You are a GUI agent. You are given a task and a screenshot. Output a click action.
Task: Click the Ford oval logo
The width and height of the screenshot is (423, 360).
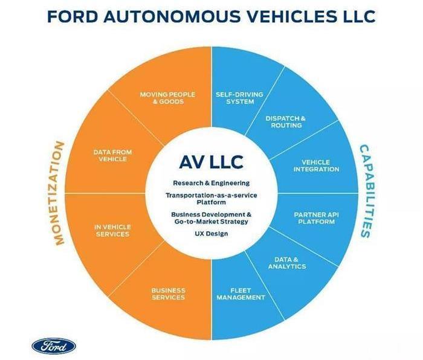(x=54, y=346)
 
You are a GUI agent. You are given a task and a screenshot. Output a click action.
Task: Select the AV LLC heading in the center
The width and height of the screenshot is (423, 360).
(x=211, y=162)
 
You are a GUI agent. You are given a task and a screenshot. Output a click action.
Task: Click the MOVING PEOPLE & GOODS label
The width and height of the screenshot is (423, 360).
(x=167, y=98)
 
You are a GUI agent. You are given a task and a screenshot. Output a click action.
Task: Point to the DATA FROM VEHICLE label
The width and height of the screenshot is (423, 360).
(x=112, y=155)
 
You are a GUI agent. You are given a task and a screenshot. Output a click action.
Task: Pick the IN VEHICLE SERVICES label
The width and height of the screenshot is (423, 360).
(x=112, y=230)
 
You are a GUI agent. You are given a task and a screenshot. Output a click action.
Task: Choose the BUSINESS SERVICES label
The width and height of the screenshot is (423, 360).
(x=168, y=294)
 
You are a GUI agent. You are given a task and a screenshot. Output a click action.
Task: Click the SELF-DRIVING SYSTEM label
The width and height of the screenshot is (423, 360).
(x=240, y=98)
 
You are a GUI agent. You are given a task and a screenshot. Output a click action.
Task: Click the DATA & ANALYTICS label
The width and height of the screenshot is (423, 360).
(x=286, y=262)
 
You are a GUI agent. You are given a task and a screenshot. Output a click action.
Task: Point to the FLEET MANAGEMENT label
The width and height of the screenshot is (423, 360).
(x=240, y=294)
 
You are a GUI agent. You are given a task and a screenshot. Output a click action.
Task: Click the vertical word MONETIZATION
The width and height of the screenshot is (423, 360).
(x=59, y=193)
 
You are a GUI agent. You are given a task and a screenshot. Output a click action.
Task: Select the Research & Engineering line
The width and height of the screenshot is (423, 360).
(x=211, y=182)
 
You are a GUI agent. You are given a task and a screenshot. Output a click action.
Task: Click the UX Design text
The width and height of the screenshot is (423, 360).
(x=211, y=234)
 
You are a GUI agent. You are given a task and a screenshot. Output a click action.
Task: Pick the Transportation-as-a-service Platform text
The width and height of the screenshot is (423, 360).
(x=211, y=199)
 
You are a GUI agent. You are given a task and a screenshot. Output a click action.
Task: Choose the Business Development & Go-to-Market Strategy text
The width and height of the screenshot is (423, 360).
(x=211, y=217)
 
